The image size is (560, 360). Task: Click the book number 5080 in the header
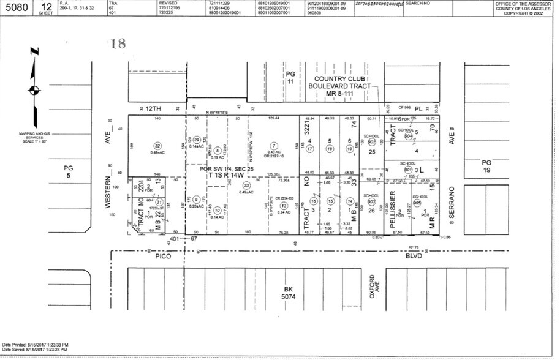tap(16, 8)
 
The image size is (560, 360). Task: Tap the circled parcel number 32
tap(157, 146)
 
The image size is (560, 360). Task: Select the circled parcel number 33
tap(247, 185)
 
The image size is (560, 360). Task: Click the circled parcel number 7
tap(274, 146)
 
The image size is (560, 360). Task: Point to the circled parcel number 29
tap(197, 140)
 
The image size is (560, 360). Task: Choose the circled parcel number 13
tap(283, 205)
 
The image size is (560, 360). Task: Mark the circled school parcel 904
tap(408, 137)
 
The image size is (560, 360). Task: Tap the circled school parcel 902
tap(371, 141)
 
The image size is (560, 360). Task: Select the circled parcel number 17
tap(310, 149)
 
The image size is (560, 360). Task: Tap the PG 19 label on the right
tap(486, 165)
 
